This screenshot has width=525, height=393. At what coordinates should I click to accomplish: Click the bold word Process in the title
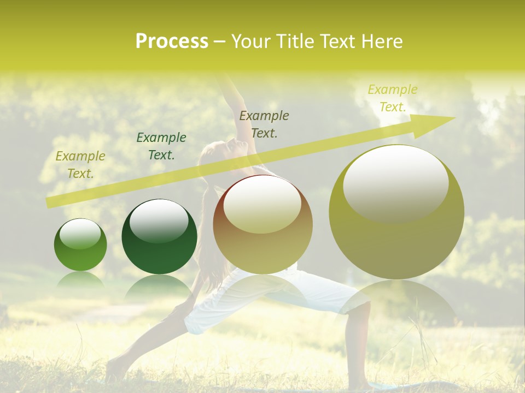coord(172,41)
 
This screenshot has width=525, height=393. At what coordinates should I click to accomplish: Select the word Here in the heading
coord(382,41)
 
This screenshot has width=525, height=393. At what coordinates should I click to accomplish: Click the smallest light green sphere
coord(80,245)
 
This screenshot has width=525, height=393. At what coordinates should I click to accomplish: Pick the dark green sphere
coord(159,236)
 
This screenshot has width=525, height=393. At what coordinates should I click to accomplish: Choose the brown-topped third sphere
coord(262,224)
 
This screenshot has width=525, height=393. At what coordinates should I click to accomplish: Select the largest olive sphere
coord(396,212)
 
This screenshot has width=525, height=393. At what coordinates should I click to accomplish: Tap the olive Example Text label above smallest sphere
coord(80,165)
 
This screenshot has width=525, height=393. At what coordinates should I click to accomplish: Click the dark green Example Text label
coord(161,146)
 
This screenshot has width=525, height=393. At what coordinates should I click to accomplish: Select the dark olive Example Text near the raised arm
coord(264,124)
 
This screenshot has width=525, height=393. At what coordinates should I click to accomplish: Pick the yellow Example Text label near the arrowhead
coord(392,98)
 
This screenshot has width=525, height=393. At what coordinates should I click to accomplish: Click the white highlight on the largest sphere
coord(395,183)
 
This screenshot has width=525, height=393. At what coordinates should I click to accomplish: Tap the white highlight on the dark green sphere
coord(159,221)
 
